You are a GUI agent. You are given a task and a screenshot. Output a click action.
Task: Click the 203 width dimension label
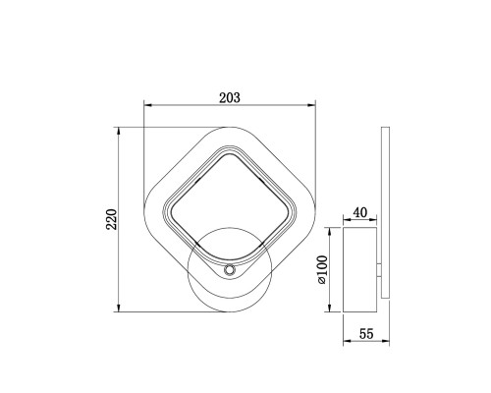pos(230,98)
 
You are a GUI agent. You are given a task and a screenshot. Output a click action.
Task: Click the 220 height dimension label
pos(112,219)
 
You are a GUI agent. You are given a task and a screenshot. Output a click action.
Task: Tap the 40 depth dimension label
pos(360,213)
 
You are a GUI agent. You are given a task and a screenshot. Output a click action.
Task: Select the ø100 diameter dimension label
pos(322,269)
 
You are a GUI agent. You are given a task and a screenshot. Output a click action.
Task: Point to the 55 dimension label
pos(366,334)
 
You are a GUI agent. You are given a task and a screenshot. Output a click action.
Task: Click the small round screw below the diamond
pos(230,270)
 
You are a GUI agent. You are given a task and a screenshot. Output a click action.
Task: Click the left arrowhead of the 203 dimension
pos(148,105)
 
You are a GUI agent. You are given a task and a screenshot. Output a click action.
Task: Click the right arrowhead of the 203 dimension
pos(311,105)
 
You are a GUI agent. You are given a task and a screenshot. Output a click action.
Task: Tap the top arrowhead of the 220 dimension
pos(119,132)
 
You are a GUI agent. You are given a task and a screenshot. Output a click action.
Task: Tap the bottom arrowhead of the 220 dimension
pos(119,308)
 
